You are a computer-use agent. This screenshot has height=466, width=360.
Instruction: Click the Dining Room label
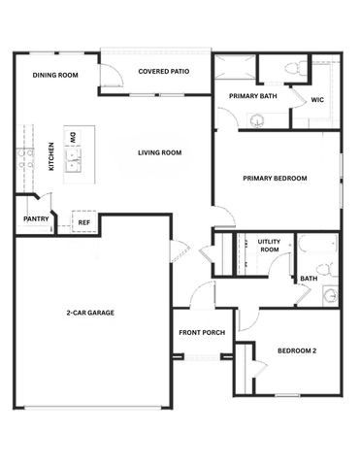point(54,75)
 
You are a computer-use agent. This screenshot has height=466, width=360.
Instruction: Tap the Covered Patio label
point(163,71)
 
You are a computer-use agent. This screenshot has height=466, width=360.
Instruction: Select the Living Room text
point(160,152)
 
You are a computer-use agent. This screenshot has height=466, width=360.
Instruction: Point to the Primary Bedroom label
point(275,178)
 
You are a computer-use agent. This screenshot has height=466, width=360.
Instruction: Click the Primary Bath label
point(252,96)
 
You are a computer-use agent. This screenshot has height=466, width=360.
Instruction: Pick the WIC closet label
point(317,100)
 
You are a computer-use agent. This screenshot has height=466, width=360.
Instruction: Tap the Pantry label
point(36,219)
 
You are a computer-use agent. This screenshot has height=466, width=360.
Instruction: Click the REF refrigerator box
point(83,222)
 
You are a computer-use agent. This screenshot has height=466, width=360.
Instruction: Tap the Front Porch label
point(202,333)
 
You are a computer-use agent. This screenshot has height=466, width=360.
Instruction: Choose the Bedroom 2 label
point(296,350)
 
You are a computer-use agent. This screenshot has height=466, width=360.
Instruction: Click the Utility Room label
point(269,247)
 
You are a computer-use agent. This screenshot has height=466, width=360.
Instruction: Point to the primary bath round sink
point(257,119)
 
